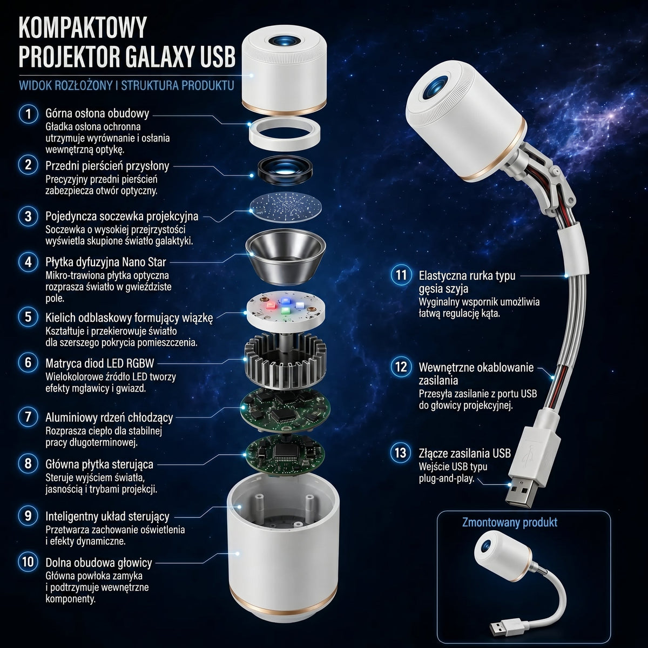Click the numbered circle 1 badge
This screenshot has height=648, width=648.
(x=28, y=113)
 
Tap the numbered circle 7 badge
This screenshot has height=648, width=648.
(x=28, y=417)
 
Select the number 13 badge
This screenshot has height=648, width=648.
(x=401, y=453)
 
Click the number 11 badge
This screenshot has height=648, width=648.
(x=401, y=275)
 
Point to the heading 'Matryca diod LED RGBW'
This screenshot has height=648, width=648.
(x=99, y=363)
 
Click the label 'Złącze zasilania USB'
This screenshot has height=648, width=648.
(x=465, y=453)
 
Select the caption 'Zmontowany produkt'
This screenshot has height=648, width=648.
(x=509, y=522)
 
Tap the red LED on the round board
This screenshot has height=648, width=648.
(x=271, y=306)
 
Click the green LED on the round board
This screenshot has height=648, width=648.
(x=286, y=310)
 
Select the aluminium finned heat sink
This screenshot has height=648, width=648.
(x=286, y=361)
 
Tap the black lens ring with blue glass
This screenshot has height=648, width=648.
(x=285, y=170)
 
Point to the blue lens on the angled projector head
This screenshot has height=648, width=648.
(x=435, y=88)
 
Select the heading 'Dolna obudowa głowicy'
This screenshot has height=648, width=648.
(x=98, y=563)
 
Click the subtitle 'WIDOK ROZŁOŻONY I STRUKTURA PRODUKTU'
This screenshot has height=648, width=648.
(x=126, y=85)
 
